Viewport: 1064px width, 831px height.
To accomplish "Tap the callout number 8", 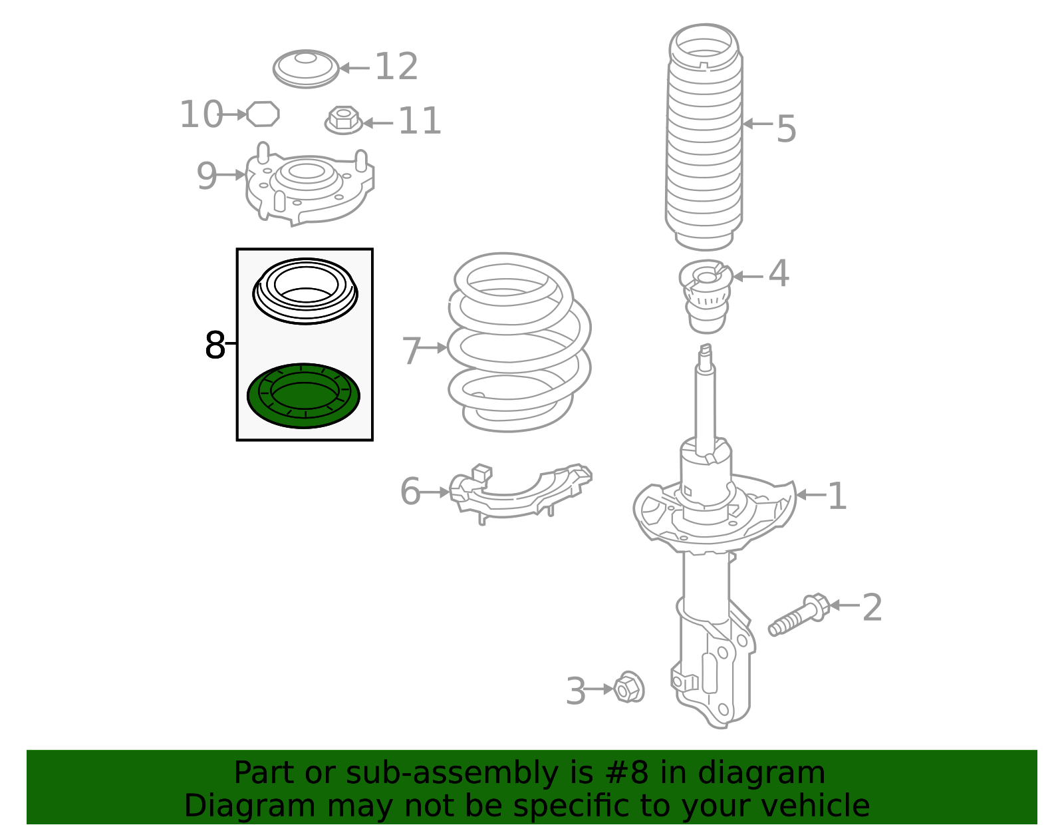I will pos(215,345).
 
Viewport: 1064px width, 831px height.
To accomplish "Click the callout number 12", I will pos(396,67).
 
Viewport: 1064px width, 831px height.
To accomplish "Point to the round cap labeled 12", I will pos(306,69).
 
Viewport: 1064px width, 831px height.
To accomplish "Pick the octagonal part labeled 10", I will pos(263,114).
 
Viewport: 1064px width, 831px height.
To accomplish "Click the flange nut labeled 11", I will pos(343,120).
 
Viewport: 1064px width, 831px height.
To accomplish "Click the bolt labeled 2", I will pos(798,615).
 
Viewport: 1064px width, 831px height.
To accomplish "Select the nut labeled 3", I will pos(628,687).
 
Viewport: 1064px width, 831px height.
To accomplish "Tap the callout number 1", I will pos(837,496).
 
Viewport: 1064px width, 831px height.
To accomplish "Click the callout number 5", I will pos(786,128).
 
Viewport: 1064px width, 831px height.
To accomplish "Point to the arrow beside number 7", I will pos(435,347).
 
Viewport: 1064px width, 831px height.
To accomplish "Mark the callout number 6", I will pos(410,492).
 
